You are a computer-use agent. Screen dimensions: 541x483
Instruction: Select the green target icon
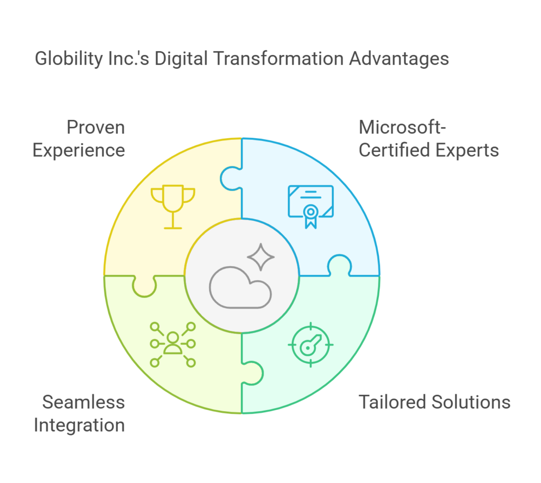point(311,345)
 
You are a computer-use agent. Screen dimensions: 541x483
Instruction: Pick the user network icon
point(173,344)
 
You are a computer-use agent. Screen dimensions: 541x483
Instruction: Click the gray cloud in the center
point(240,287)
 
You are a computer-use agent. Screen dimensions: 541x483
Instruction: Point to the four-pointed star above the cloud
point(261,257)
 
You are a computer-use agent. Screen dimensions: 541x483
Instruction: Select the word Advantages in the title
point(399,59)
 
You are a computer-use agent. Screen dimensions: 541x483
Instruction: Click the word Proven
point(96,127)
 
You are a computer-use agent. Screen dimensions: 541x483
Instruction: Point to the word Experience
point(79,150)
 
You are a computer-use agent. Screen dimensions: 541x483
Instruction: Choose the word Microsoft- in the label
point(402,127)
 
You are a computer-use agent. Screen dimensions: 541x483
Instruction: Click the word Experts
point(467,150)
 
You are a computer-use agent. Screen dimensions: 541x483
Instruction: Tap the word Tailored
point(393,402)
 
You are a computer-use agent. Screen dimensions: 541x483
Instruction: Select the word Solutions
point(471,402)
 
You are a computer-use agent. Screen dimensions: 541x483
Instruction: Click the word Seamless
point(83,402)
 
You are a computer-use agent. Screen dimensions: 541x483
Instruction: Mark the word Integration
point(79,425)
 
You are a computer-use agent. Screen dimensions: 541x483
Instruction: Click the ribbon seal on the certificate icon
point(311,216)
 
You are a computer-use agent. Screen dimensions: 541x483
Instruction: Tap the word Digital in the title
point(181,59)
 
